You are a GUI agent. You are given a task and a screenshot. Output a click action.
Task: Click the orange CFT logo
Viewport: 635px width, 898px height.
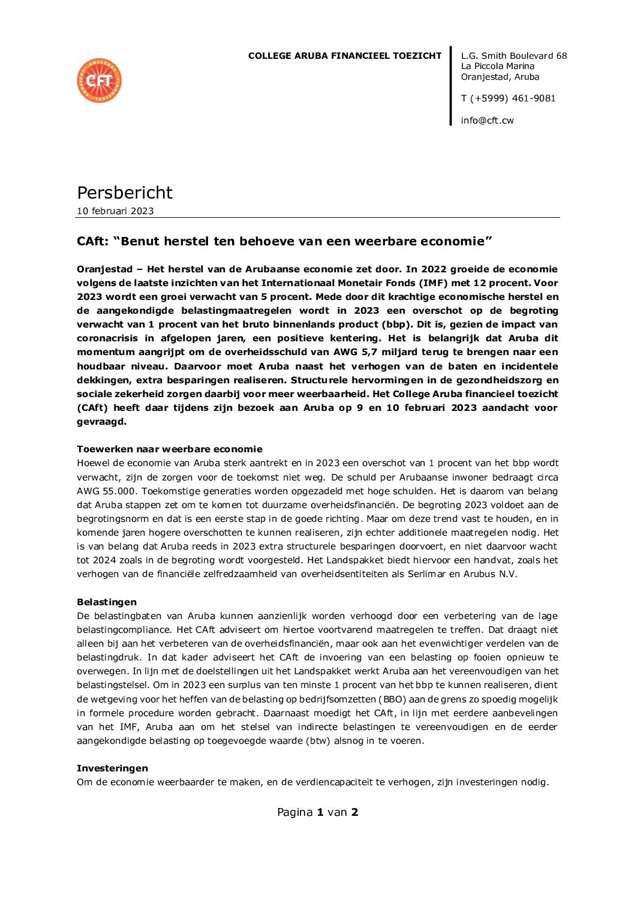(x=100, y=80)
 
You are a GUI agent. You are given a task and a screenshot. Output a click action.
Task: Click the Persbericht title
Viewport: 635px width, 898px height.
(x=125, y=193)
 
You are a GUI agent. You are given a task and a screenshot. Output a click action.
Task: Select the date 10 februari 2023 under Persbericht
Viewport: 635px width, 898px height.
(x=115, y=211)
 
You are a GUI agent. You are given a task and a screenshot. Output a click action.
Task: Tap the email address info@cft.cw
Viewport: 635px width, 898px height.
(x=487, y=121)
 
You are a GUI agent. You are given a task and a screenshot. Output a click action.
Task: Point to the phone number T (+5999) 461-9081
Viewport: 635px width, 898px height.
(x=508, y=98)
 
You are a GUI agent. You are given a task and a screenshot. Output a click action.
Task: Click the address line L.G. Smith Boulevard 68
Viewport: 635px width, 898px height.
(x=514, y=56)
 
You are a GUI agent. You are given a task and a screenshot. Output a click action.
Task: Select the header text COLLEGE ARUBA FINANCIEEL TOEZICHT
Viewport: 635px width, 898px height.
(x=345, y=56)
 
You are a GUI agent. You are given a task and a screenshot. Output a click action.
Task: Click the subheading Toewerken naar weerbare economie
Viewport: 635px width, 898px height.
(x=170, y=449)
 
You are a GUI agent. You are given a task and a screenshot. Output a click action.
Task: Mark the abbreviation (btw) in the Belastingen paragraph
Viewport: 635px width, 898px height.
(x=318, y=741)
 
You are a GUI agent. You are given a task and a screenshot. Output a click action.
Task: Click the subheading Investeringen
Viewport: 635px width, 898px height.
(x=112, y=768)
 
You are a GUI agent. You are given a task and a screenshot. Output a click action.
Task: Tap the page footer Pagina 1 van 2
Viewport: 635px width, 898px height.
(x=317, y=812)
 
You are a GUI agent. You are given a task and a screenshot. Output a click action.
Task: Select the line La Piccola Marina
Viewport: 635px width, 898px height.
(x=498, y=67)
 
